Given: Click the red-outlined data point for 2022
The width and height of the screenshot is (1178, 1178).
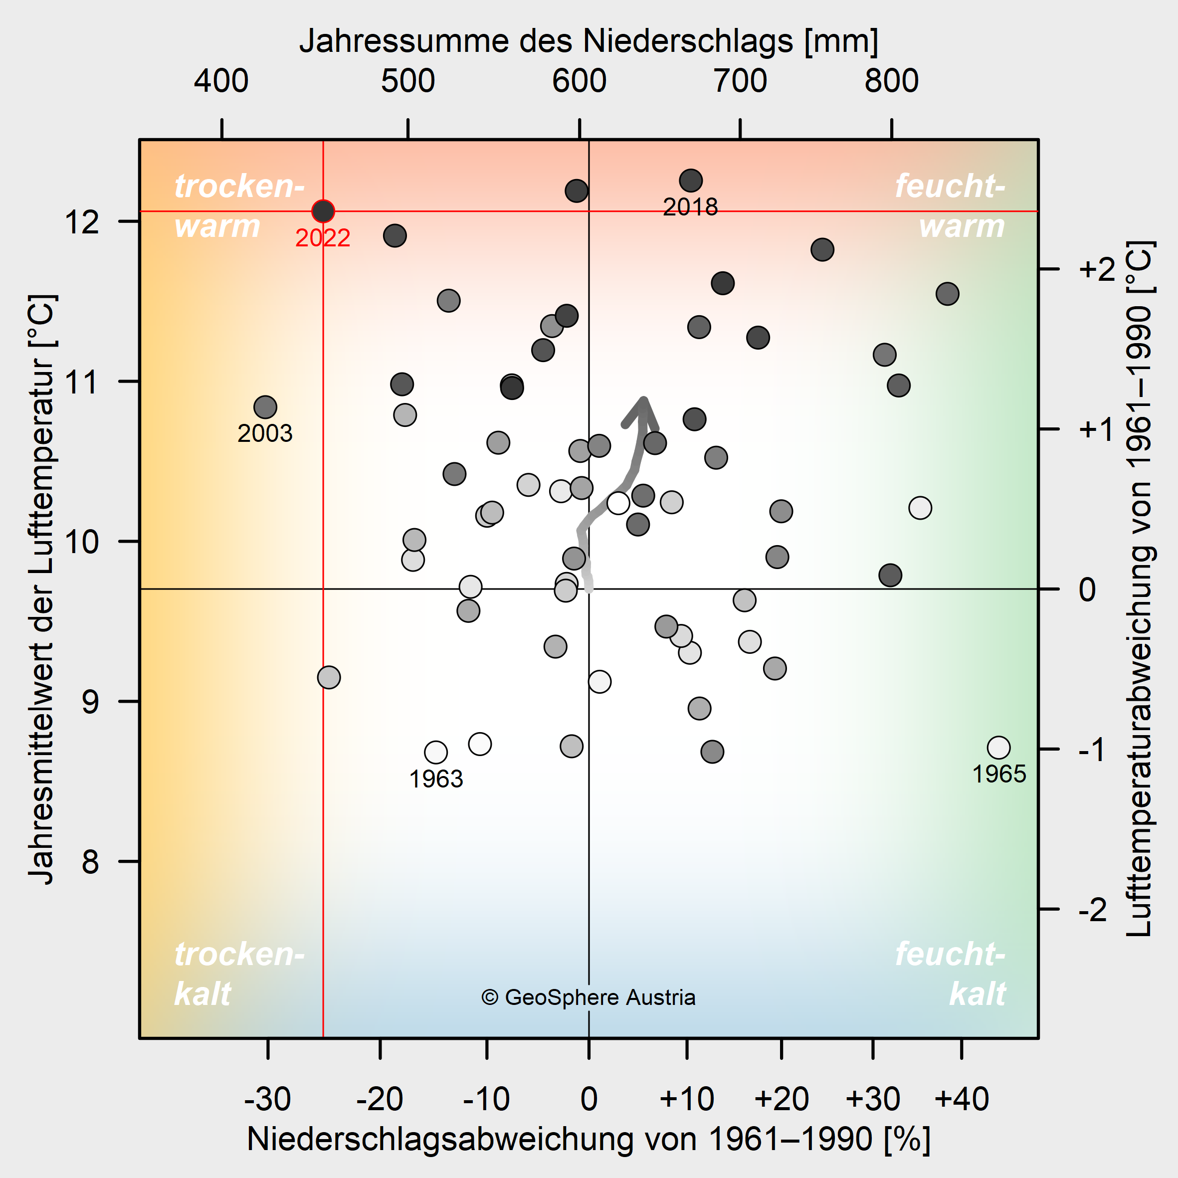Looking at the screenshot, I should (323, 211).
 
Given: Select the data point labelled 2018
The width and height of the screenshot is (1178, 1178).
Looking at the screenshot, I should (690, 181).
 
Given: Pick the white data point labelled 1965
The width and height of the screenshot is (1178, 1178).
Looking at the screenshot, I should (998, 747).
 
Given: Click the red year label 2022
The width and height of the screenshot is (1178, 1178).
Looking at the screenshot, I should (323, 238).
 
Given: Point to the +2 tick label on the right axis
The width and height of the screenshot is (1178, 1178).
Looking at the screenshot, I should (1096, 269).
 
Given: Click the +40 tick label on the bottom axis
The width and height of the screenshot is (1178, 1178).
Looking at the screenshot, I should (962, 1099).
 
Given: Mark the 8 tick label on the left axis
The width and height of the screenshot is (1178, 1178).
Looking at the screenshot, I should (90, 861).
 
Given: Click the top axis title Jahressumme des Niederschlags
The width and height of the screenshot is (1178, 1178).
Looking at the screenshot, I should (589, 41).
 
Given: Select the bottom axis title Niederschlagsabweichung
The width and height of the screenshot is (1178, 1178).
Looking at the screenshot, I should (589, 1139).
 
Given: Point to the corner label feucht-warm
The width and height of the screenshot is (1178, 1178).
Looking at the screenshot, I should (950, 206).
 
